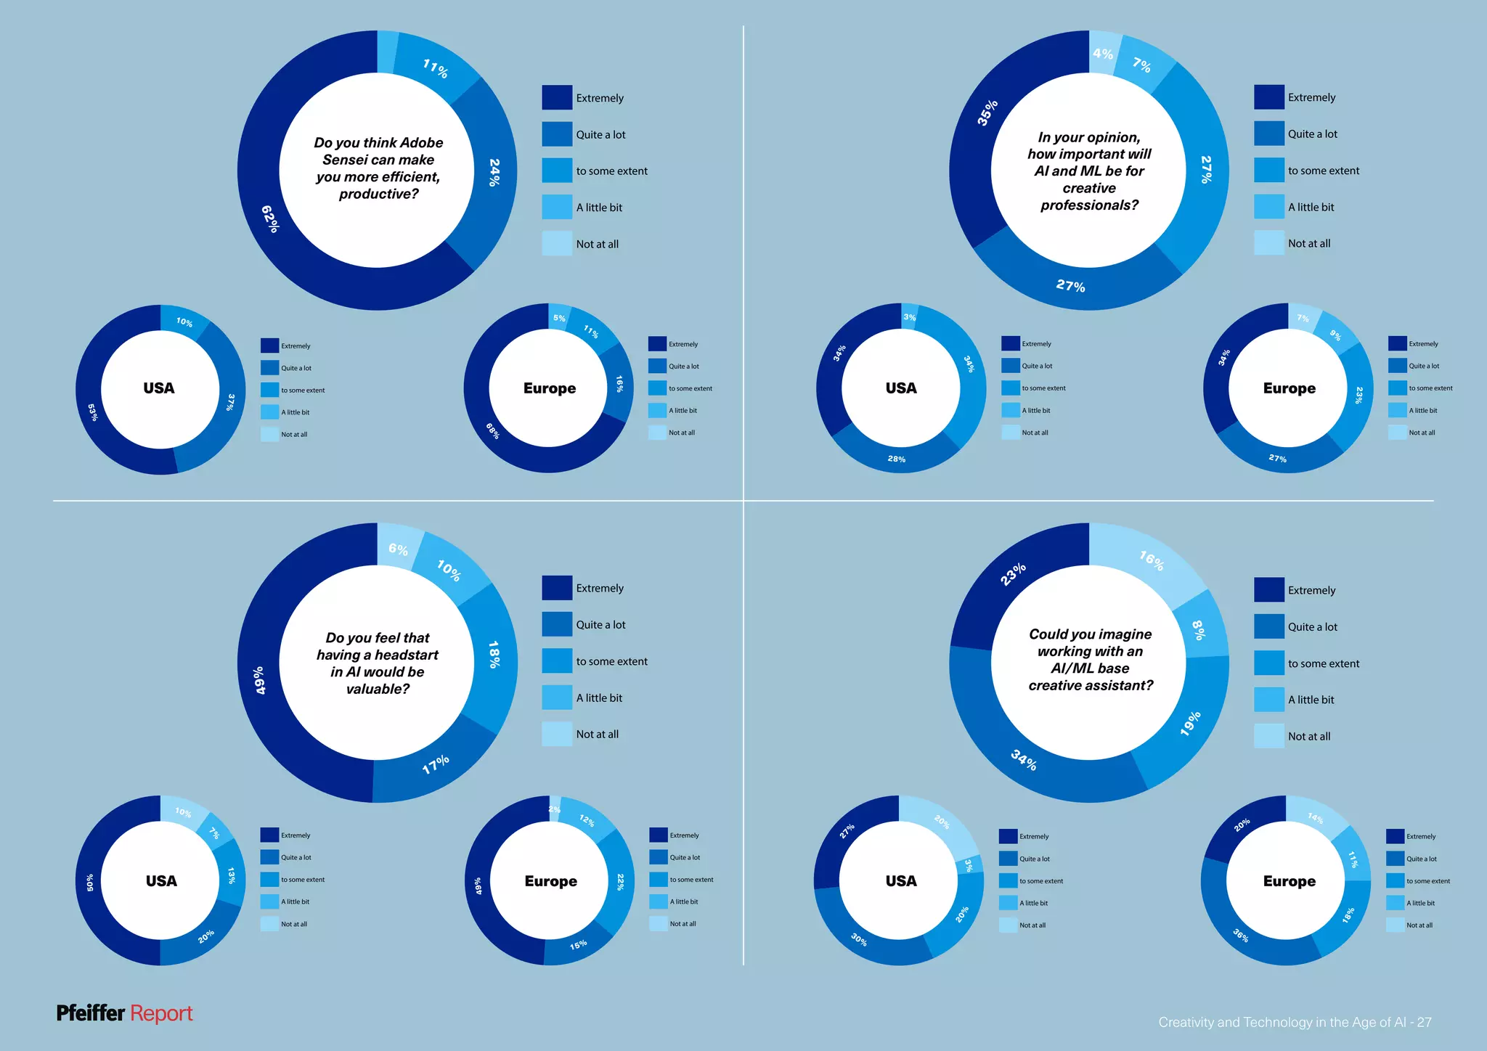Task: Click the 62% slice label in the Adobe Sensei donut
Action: (270, 218)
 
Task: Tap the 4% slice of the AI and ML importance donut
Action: (1102, 54)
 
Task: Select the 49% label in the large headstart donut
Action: (259, 680)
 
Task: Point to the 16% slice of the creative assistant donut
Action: (1151, 560)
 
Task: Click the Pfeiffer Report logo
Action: (124, 1013)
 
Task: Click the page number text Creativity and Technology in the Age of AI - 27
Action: (1294, 1022)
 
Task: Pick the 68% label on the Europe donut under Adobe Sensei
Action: (493, 430)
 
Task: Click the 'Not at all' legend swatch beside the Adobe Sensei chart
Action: (556, 243)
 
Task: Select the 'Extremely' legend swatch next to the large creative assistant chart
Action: (1268, 589)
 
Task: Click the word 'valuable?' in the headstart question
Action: (378, 689)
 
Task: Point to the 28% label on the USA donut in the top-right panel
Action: (896, 459)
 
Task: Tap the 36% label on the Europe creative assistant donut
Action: (1241, 936)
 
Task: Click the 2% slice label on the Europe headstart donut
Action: (554, 809)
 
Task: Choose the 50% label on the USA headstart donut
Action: (90, 882)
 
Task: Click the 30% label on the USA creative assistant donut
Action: (859, 939)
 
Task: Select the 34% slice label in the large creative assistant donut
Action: (1024, 759)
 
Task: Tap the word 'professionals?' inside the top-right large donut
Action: (1089, 205)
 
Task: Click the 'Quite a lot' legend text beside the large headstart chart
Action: (600, 624)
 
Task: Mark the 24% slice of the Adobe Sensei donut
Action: (494, 173)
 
